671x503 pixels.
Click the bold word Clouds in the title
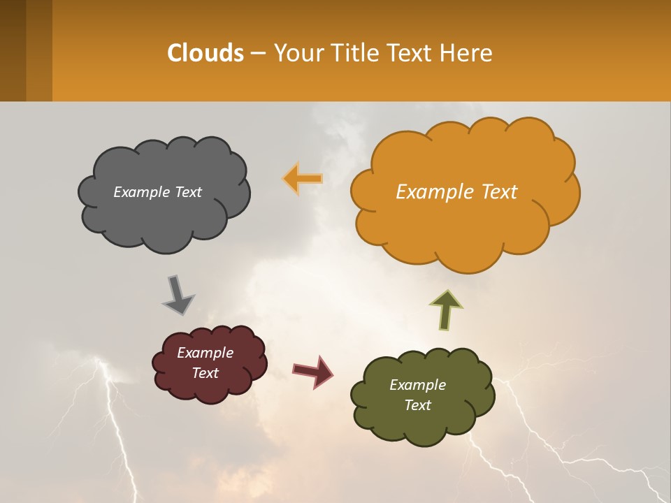tap(205, 53)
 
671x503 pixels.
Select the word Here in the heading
tap(468, 53)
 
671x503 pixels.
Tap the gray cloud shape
tap(164, 217)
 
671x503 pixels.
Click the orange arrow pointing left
tap(303, 179)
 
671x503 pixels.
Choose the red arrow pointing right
tap(313, 370)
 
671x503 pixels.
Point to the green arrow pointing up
tap(446, 310)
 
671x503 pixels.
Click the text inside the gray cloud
tap(157, 192)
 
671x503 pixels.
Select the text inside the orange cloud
tap(456, 192)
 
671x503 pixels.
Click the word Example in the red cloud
tap(205, 353)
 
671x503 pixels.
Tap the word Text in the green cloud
tap(417, 405)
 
